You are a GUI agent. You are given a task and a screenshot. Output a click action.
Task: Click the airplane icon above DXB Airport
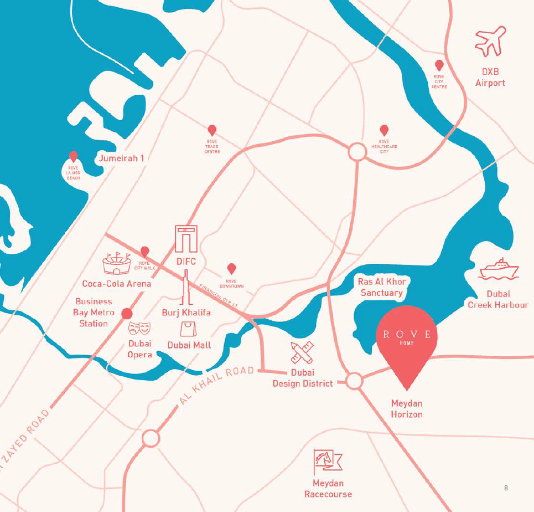coord(491,42)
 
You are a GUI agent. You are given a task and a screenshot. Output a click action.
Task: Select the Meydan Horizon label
coord(407,409)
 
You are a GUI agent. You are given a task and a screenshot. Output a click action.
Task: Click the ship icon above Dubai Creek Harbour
coord(499,269)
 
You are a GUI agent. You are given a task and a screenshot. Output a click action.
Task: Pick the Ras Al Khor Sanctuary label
coord(382,286)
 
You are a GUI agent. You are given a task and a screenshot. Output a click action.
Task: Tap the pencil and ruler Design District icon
coord(302,353)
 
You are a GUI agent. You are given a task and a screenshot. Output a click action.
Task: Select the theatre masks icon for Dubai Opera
coord(139,328)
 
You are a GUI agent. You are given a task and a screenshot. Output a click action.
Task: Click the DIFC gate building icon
coord(186,239)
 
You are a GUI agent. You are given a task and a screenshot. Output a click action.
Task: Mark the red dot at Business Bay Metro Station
coord(126,313)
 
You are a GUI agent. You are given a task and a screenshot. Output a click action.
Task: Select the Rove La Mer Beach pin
coord(73,157)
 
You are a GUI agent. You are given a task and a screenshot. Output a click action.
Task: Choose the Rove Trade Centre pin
coord(212,131)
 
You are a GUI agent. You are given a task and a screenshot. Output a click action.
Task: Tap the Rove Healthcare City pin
coord(383,130)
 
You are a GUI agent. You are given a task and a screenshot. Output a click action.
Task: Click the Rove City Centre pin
coord(439,66)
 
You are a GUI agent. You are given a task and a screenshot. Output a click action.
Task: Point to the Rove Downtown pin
coord(232,269)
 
